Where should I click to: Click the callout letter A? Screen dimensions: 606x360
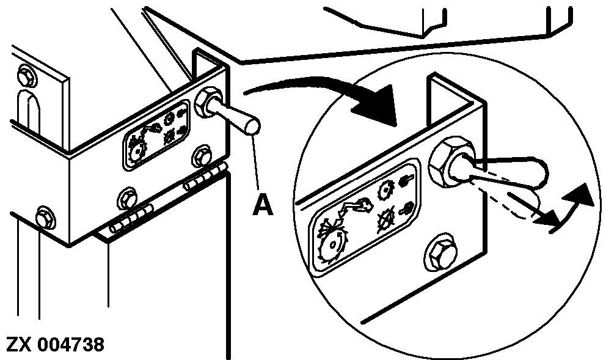coord(263,205)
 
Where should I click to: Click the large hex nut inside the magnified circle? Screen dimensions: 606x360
coord(451,161)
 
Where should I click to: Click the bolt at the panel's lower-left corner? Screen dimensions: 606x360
coord(45,217)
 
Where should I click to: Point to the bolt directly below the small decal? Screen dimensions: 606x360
coord(126,197)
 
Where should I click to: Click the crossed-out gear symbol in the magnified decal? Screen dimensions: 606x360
coord(387,219)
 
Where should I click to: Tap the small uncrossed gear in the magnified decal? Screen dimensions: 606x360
coord(387,189)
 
